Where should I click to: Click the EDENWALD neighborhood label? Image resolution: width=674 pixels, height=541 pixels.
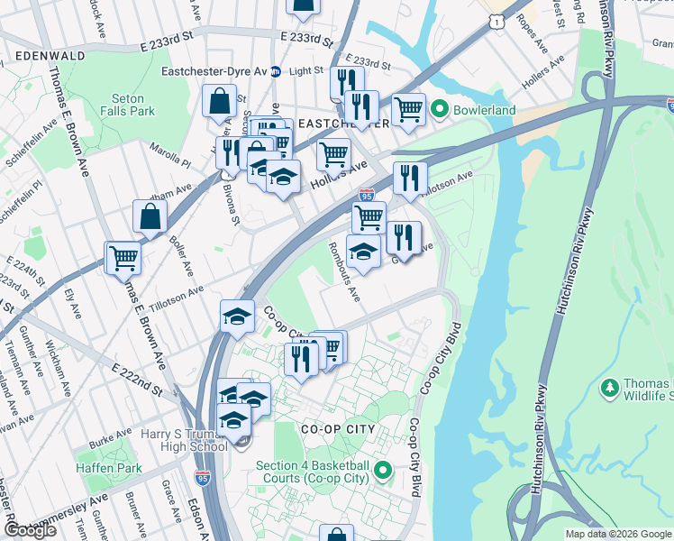pos(50,55)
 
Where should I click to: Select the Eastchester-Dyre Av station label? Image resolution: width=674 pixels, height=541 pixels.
pos(214,71)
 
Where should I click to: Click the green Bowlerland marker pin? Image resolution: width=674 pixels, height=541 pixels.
pos(440,110)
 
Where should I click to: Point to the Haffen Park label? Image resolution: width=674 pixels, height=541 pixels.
pos(115,468)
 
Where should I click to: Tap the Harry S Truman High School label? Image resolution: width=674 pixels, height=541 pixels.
pos(184,440)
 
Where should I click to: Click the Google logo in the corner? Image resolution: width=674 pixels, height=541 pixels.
pos(30,530)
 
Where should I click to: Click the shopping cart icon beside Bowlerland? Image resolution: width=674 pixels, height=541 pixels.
pos(409,110)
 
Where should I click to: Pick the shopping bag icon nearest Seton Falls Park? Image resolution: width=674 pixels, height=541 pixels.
pos(219,103)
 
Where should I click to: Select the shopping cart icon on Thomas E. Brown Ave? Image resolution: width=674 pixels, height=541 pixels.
pos(123,259)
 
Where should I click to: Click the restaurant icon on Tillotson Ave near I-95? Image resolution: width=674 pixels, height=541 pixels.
pos(410,179)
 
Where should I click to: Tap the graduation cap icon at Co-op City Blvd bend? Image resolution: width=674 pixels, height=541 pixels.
pos(237,316)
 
